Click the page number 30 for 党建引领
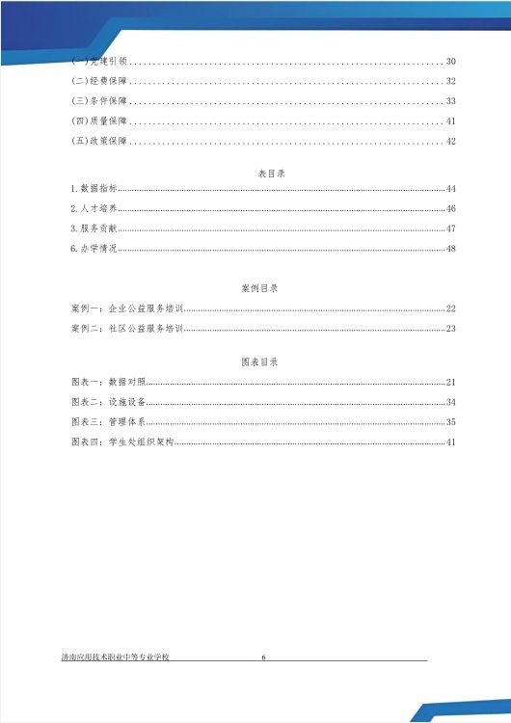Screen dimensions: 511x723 point(450,62)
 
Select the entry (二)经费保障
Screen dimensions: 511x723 point(99,81)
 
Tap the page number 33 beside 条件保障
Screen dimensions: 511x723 point(450,101)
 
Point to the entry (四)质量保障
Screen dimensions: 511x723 point(99,121)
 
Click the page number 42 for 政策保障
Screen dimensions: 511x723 point(450,142)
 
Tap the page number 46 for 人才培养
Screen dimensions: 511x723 point(450,209)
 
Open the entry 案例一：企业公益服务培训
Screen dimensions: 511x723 point(126,308)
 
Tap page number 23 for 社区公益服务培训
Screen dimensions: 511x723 point(450,329)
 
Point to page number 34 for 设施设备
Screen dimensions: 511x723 point(450,402)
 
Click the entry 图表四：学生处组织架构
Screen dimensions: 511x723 point(124,442)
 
